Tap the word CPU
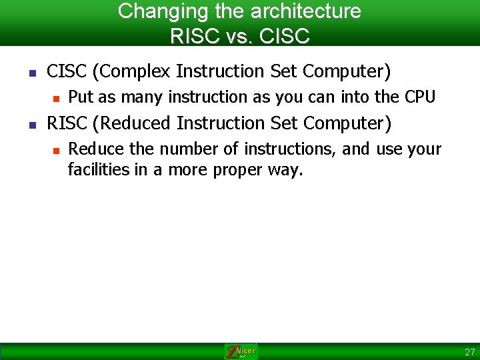[420, 97]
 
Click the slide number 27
[470, 352]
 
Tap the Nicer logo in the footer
[240, 351]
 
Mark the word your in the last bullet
[425, 149]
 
